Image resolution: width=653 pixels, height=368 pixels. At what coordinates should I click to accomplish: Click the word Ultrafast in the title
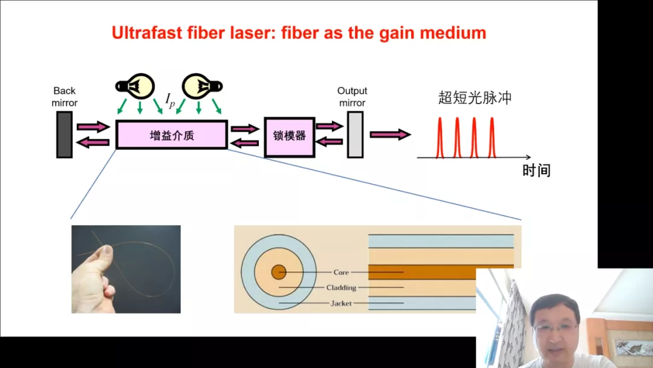point(147,33)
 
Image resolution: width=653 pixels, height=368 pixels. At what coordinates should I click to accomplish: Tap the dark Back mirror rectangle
point(64,134)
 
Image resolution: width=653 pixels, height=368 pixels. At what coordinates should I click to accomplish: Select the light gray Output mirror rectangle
point(356,134)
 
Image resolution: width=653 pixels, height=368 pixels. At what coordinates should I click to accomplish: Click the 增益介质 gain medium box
point(172,134)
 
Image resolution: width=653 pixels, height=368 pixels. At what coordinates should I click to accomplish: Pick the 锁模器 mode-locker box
point(290,137)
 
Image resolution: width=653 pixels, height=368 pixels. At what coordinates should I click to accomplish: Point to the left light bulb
point(135,87)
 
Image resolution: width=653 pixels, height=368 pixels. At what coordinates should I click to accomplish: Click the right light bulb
point(203,87)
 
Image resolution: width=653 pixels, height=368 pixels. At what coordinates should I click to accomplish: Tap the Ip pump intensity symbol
point(170,100)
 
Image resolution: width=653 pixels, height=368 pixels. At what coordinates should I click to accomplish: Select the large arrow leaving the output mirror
point(390,134)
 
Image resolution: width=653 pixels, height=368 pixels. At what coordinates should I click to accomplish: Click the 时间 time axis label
point(536,171)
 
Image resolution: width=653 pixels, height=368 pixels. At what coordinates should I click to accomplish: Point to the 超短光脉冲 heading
point(475,97)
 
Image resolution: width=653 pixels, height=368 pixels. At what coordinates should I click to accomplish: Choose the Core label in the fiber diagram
point(341,272)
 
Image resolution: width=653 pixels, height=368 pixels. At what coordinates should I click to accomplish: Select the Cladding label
point(341,287)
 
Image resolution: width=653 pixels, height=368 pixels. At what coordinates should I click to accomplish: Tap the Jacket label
point(341,303)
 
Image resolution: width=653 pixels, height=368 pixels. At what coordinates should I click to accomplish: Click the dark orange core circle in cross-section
point(279,272)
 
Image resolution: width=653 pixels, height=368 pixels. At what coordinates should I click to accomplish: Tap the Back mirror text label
point(64,97)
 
